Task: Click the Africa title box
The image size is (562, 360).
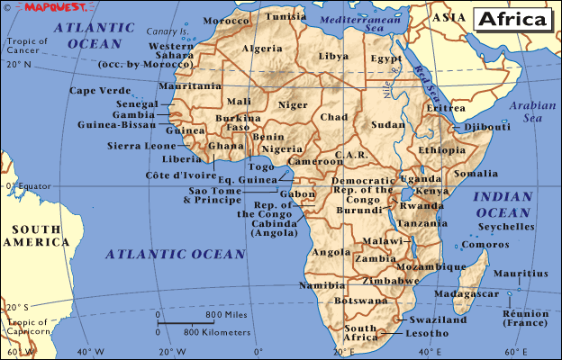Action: pyautogui.click(x=511, y=19)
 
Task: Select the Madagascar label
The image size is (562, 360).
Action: pyautogui.click(x=465, y=294)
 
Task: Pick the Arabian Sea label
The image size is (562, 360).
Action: pyautogui.click(x=532, y=112)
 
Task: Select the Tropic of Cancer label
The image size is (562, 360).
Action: pyautogui.click(x=25, y=43)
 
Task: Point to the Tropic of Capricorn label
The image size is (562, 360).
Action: pyautogui.click(x=27, y=328)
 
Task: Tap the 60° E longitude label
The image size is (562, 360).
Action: pyautogui.click(x=431, y=351)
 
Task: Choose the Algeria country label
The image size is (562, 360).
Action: pyautogui.click(x=264, y=49)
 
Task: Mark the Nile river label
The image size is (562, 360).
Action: pyautogui.click(x=389, y=87)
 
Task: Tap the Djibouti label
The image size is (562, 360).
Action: pyautogui.click(x=487, y=127)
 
